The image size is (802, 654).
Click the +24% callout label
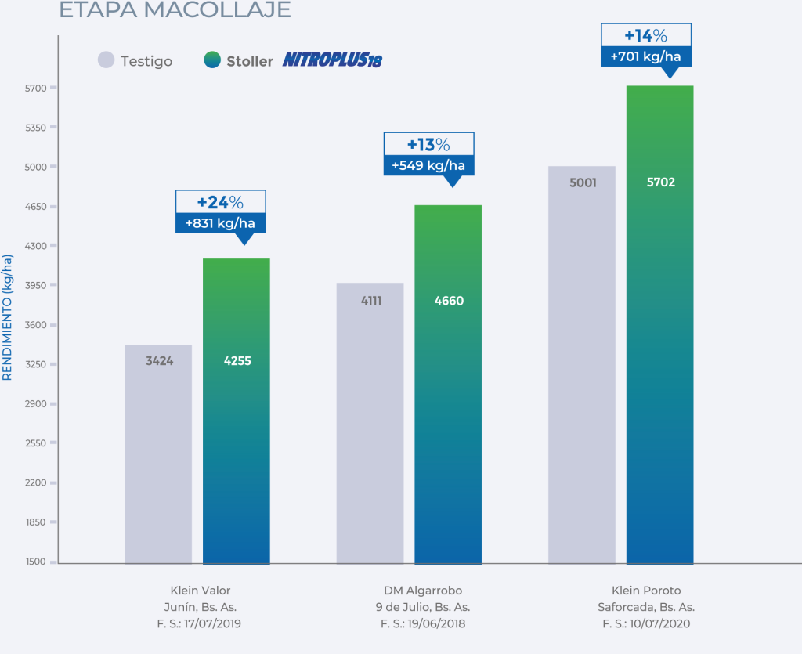pyautogui.click(x=220, y=202)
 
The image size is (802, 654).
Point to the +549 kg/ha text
pyautogui.click(x=428, y=165)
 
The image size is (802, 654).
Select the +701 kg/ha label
pyautogui.click(x=646, y=56)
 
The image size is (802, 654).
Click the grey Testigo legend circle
pyautogui.click(x=106, y=60)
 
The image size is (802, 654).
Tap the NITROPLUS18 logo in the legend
pyautogui.click(x=332, y=60)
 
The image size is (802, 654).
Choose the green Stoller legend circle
pyautogui.click(x=211, y=60)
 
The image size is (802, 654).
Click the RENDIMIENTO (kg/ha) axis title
pyautogui.click(x=8, y=317)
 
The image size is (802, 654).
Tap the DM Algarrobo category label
pyautogui.click(x=424, y=590)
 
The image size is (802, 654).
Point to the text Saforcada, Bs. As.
pyautogui.click(x=646, y=607)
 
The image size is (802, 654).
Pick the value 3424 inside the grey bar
pyautogui.click(x=159, y=361)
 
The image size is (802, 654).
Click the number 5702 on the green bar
pyautogui.click(x=660, y=182)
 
